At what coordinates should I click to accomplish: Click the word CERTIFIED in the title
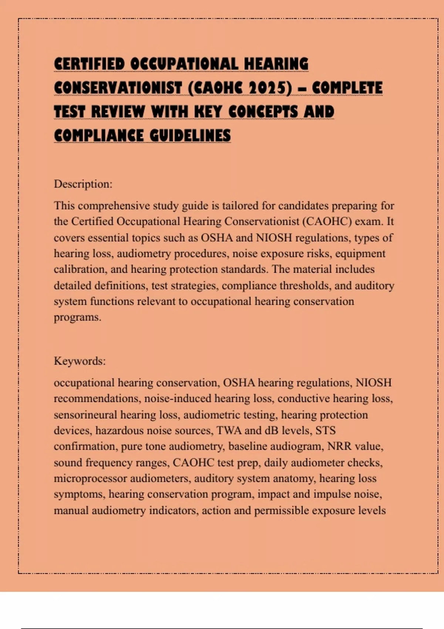coord(89,64)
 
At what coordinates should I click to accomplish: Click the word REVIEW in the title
coord(118,112)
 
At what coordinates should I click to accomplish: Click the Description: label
coord(83,184)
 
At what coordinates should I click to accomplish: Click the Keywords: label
coord(80,361)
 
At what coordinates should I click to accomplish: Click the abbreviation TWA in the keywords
coord(229,430)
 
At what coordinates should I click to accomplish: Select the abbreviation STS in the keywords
coord(325,430)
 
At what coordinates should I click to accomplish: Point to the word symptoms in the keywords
coord(78,494)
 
